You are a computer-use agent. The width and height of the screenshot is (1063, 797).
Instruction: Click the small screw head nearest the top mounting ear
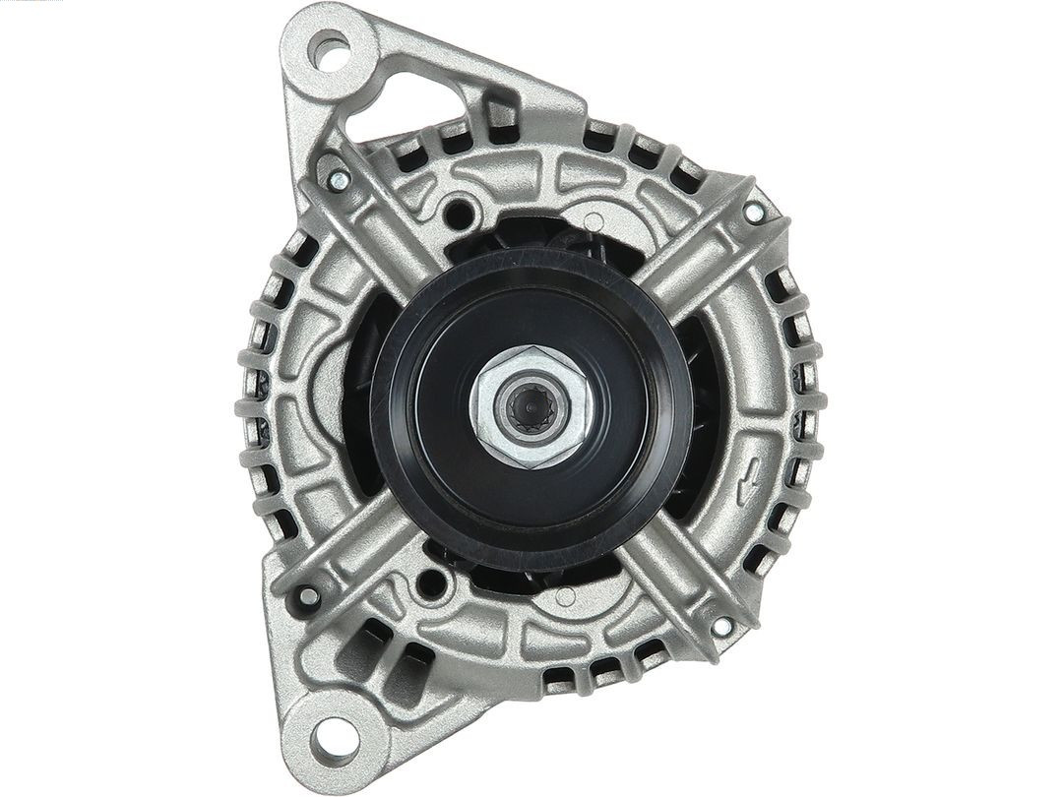pos(338,179)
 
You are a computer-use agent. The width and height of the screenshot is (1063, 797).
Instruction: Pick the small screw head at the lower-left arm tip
pos(308,594)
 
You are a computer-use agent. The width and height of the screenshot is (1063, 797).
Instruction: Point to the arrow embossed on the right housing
pos(750,473)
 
